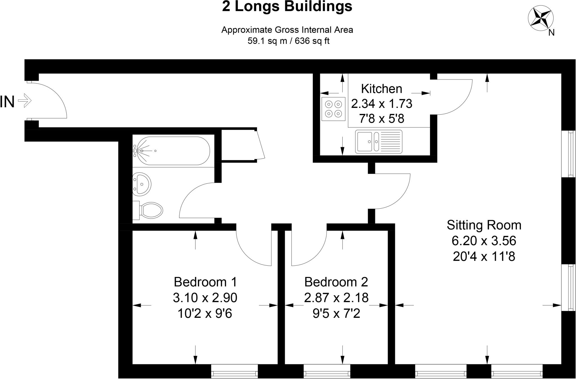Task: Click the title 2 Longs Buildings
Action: coord(287,7)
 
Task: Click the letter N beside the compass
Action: coord(551,33)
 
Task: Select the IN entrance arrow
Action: coord(25,100)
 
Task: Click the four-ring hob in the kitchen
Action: coord(333,109)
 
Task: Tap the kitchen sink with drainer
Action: coord(379,142)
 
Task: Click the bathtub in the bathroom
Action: coord(172,151)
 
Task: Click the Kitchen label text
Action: coord(381,89)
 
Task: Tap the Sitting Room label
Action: coord(484,225)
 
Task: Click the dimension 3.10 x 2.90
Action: coord(205,298)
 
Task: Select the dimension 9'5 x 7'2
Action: coord(336,313)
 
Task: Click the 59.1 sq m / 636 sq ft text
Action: coord(288,41)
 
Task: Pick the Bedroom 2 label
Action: coord(336,282)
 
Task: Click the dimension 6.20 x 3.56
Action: coord(484,241)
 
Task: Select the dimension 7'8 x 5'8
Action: coord(381,119)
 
